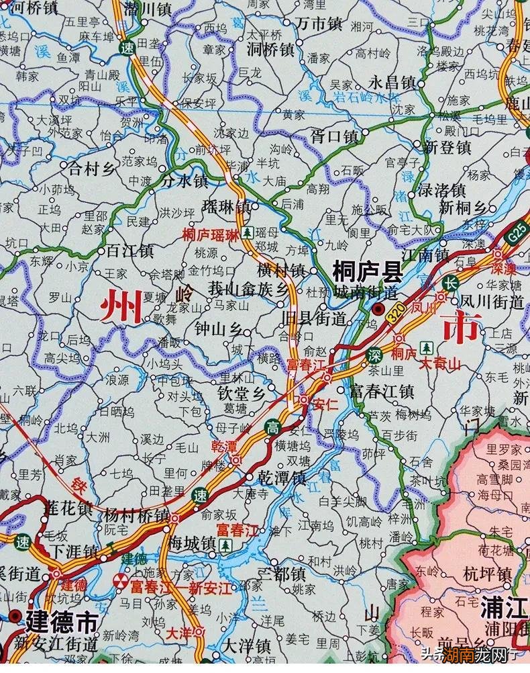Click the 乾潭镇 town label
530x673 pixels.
click(282, 478)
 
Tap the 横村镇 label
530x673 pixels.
click(281, 271)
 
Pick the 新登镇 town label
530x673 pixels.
click(447, 145)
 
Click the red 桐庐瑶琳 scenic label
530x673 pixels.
click(210, 234)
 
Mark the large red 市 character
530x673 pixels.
click(461, 327)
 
